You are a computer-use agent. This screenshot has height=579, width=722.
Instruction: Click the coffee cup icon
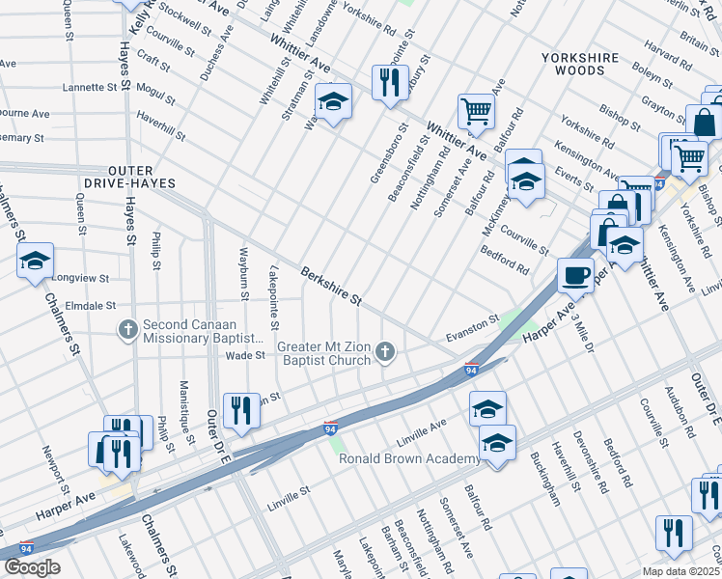(575, 274)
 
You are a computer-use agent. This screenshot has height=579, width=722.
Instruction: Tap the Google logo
(32, 566)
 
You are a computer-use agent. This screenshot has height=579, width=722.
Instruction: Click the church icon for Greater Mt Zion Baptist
(386, 351)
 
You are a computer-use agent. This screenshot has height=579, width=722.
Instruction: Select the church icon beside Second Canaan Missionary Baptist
(127, 330)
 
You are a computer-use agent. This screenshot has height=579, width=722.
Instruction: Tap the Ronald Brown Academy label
(408, 458)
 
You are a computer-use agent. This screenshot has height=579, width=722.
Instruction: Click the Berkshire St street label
(330, 287)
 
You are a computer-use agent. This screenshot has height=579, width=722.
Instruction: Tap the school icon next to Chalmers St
(35, 261)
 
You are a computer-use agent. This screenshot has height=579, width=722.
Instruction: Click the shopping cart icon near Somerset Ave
(476, 111)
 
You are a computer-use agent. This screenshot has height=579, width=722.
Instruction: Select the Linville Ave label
(422, 425)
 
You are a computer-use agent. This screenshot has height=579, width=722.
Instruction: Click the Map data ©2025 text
(681, 571)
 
